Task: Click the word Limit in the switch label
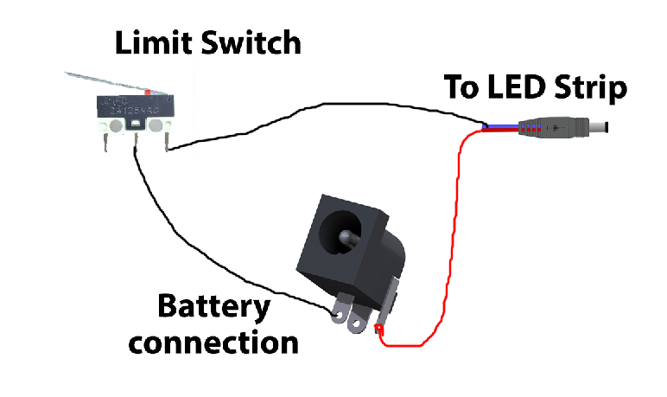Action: [142, 42]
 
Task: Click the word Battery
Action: [213, 306]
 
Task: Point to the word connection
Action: [213, 342]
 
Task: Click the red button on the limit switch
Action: [149, 91]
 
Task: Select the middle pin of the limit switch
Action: [136, 144]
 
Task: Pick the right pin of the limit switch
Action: [164, 144]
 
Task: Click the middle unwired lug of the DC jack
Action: [355, 325]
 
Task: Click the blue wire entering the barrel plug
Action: [501, 128]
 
